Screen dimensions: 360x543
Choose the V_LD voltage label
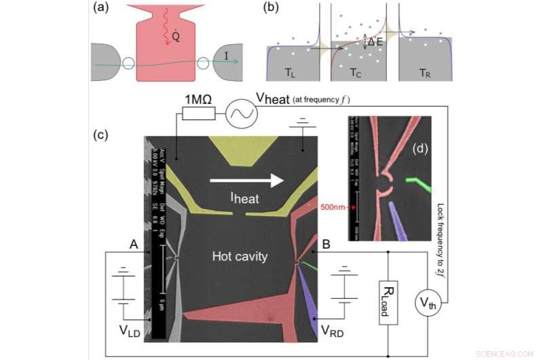(127, 333)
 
